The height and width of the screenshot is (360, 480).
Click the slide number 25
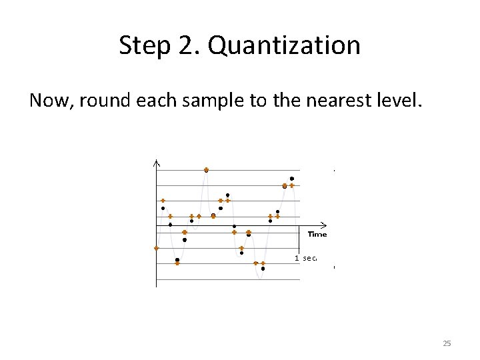tap(447, 343)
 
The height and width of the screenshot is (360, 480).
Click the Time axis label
tap(317, 234)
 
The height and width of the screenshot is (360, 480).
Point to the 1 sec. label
tap(306, 257)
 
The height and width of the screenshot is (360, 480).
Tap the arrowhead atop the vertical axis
tap(156, 163)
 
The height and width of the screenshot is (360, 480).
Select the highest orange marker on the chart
tap(206, 169)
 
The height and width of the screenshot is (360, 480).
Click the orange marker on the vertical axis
tap(156, 248)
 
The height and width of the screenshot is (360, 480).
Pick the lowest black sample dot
tap(263, 269)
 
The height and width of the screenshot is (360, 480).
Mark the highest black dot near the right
tap(292, 179)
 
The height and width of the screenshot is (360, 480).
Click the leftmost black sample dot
tap(163, 208)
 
